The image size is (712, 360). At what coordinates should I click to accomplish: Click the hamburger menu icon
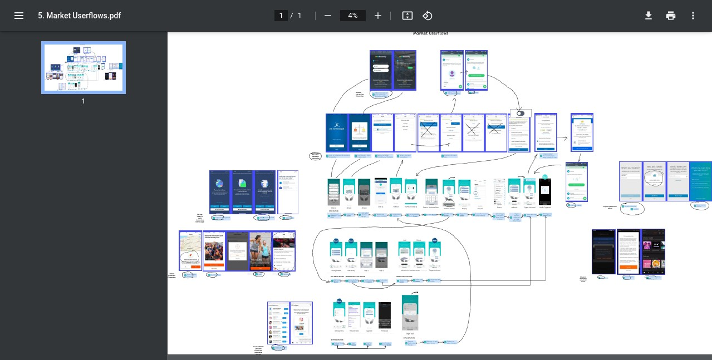(x=19, y=16)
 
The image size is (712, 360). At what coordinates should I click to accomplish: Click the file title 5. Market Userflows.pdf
(x=79, y=16)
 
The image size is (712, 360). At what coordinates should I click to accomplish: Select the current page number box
(x=281, y=16)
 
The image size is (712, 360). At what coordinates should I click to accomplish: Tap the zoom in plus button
(x=378, y=16)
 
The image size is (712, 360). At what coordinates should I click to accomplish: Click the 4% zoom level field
(x=352, y=16)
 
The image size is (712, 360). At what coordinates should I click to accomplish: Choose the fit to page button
(x=407, y=16)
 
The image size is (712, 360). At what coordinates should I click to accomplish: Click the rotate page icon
(x=427, y=16)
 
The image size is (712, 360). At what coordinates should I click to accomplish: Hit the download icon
(x=649, y=16)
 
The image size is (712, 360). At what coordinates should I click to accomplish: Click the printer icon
(x=671, y=16)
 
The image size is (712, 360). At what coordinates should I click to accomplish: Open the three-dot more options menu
(x=693, y=16)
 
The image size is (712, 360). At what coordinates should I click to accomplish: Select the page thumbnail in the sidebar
(x=84, y=67)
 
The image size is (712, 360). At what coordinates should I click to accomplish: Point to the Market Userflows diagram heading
(x=430, y=33)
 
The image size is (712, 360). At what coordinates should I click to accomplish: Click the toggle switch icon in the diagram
(x=521, y=113)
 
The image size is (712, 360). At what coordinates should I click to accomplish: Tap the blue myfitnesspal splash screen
(x=337, y=132)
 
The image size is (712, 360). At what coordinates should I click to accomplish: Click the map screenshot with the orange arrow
(x=190, y=251)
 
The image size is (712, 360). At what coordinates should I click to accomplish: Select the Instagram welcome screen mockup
(x=301, y=323)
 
